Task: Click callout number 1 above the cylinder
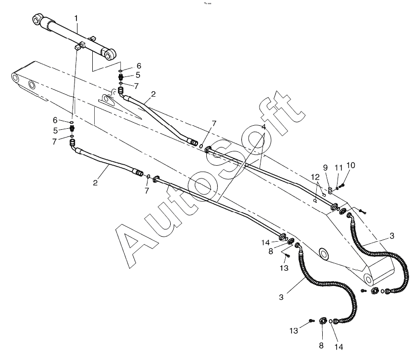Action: [76, 18]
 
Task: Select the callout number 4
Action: [264, 127]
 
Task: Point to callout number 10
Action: [351, 165]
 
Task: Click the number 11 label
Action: [339, 168]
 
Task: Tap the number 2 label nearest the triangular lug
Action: [153, 94]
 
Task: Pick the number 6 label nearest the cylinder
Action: [139, 66]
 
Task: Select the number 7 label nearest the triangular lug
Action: [136, 85]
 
